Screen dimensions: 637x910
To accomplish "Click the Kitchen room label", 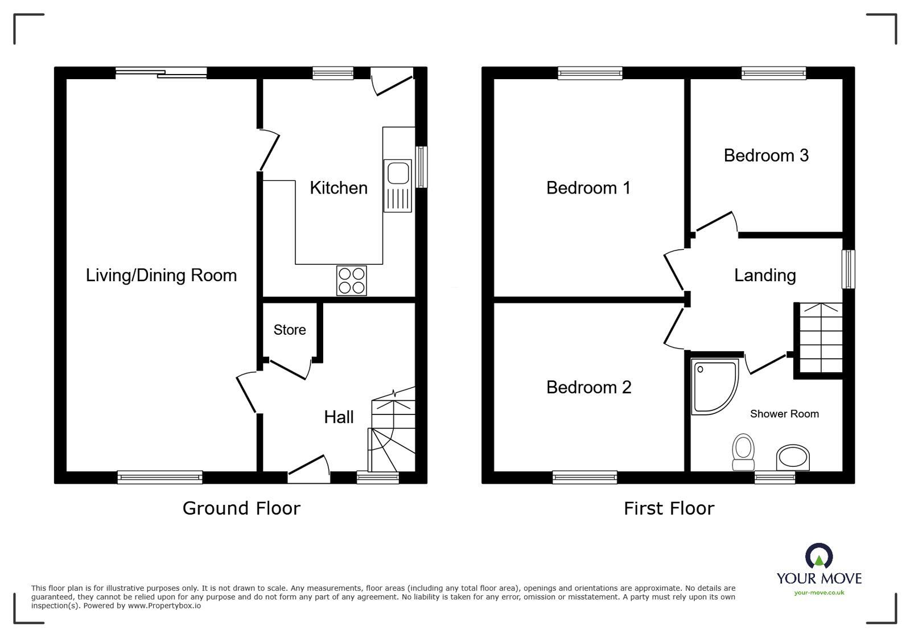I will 338,188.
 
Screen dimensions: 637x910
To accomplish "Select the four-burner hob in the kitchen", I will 351,281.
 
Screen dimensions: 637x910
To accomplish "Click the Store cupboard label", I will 289,330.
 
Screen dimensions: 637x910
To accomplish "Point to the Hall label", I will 339,417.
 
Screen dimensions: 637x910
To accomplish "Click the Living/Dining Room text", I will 161,276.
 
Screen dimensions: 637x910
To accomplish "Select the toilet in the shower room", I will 743,451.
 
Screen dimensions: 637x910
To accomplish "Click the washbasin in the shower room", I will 792,457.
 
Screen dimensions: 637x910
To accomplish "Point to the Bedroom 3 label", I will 765,155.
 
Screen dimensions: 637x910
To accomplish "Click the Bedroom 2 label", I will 588,387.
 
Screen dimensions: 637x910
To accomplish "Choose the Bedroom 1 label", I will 588,188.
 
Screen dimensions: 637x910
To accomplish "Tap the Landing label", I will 764,276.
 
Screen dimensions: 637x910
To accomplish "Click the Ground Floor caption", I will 241,508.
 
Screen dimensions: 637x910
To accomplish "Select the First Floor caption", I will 668,508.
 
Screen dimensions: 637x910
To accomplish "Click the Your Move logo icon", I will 818,556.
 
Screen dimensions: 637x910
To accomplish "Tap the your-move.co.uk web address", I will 819,593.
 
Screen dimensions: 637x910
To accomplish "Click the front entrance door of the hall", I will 309,468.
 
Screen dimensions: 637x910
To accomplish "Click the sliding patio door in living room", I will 161,72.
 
